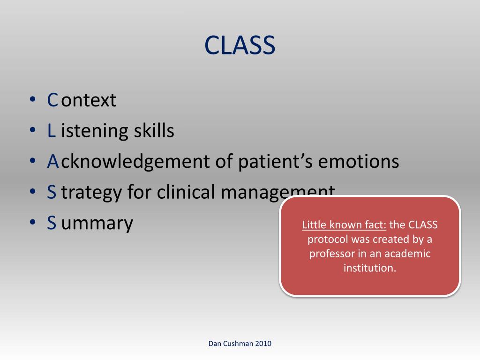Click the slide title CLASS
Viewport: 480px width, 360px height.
tap(240, 45)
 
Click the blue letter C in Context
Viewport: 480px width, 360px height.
tap(52, 100)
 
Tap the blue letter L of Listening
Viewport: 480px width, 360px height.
tap(52, 130)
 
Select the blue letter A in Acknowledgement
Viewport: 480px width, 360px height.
tap(53, 161)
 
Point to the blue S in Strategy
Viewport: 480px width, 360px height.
tap(52, 192)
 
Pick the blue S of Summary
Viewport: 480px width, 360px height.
tap(52, 223)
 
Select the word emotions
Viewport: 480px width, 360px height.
tap(359, 161)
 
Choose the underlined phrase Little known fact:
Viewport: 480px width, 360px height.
tap(344, 225)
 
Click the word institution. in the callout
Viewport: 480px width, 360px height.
tap(370, 268)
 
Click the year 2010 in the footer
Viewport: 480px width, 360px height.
tap(263, 344)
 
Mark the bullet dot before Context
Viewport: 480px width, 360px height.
tap(33, 99)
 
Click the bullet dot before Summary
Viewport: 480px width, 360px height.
tap(33, 222)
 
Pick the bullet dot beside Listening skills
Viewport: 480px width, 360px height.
tap(33, 130)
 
